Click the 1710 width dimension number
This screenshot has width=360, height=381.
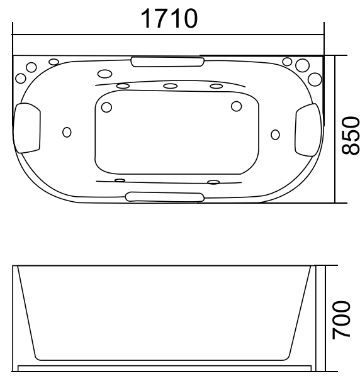click(168, 18)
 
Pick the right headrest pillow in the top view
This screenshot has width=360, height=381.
click(308, 128)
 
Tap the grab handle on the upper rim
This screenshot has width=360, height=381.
click(167, 61)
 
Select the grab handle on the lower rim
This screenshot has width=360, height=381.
click(166, 197)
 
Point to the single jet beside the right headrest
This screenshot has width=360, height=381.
click(274, 134)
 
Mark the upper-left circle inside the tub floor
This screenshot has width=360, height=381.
click(106, 107)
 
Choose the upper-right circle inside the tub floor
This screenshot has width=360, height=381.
click(237, 106)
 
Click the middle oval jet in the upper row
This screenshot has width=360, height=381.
click(170, 86)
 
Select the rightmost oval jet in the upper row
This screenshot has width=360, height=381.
click(217, 86)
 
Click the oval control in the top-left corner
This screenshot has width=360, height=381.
click(54, 62)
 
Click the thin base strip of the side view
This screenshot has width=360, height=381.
click(165, 365)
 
